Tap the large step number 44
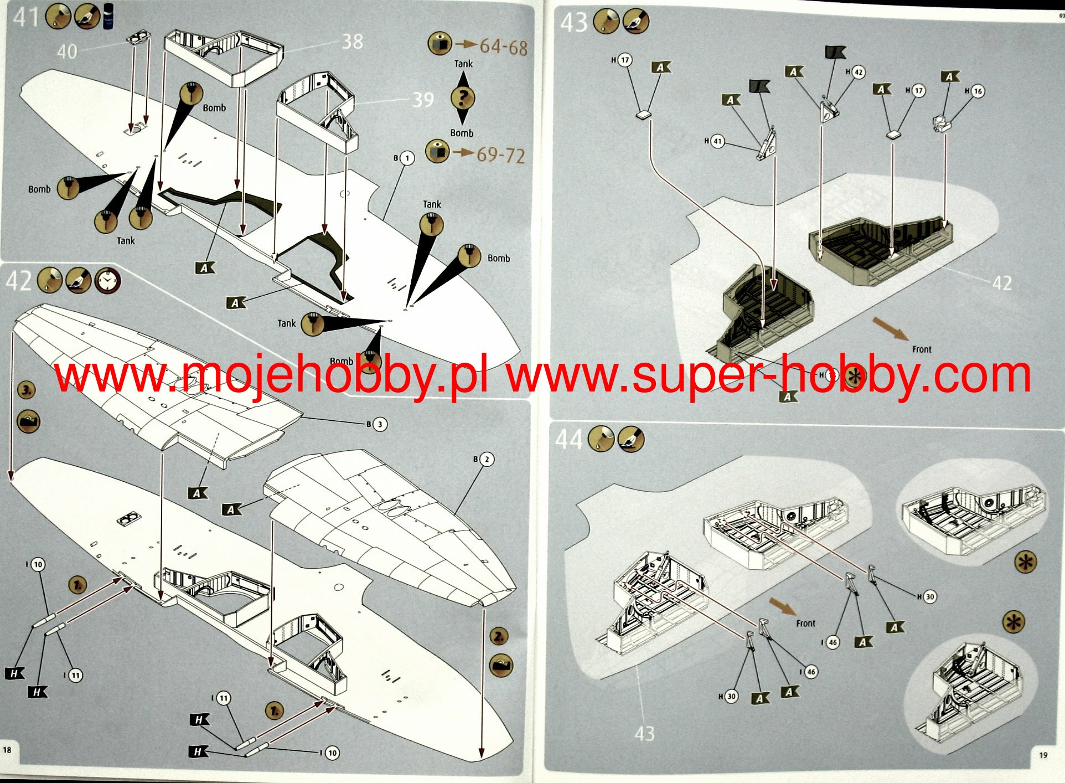click(x=568, y=439)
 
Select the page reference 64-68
click(x=503, y=47)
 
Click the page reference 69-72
click(x=500, y=155)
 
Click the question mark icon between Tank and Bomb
click(x=463, y=98)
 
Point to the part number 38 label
click(x=352, y=42)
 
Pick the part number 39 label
click(x=423, y=100)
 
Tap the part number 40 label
click(x=67, y=51)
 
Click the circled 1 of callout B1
click(x=407, y=158)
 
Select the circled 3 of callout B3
click(x=380, y=424)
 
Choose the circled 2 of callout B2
click(x=487, y=459)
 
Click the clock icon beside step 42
click(x=107, y=281)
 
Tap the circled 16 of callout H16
click(x=978, y=91)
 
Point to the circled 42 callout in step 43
click(x=858, y=73)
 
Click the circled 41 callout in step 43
click(x=717, y=141)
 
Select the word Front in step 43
click(x=922, y=349)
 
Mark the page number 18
click(x=7, y=750)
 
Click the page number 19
click(x=1043, y=755)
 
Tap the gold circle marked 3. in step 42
click(x=27, y=389)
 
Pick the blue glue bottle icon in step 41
click(x=109, y=16)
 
